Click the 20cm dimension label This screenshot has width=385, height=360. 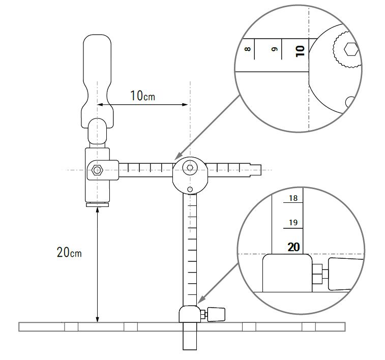(70, 252)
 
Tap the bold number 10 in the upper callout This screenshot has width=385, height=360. (300, 50)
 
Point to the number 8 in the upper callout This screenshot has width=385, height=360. (248, 50)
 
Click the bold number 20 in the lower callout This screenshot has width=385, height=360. (293, 247)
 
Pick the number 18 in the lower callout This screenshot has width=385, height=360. (293, 198)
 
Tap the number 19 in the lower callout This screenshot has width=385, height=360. (293, 223)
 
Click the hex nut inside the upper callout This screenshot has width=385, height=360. (351, 50)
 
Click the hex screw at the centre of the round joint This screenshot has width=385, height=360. (190, 168)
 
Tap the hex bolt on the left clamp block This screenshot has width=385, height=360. (97, 170)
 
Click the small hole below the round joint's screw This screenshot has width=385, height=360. (190, 189)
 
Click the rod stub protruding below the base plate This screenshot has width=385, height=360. (189, 340)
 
